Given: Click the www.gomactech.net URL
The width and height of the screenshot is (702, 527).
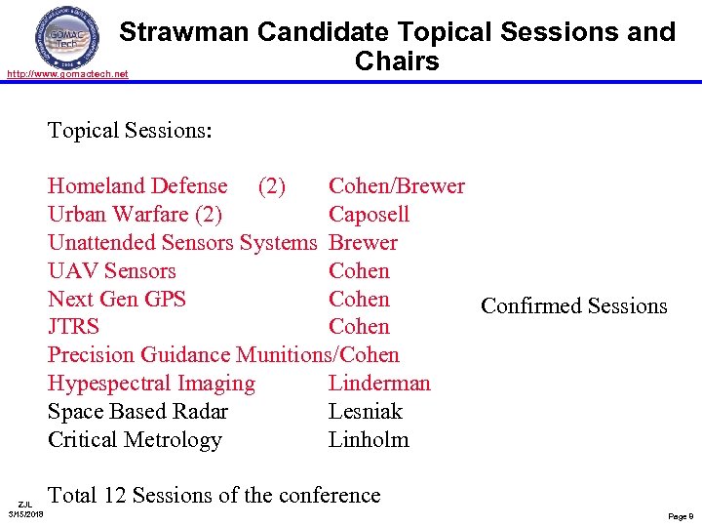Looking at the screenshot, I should point(66,74).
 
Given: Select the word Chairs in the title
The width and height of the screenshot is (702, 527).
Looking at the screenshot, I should point(397,61).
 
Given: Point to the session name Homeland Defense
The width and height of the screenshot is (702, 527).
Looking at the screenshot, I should point(137,186).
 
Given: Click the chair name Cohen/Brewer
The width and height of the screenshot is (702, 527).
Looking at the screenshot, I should point(396,186).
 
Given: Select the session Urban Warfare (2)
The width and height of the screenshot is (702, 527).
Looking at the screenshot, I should point(135,215).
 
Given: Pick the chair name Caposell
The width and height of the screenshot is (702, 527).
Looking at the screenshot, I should point(369,215).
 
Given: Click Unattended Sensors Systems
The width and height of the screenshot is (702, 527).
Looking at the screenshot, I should point(182,243).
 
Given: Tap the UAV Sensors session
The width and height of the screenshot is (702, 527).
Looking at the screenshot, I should point(112,271).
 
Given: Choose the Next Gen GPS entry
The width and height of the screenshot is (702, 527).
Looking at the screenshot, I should point(117,300).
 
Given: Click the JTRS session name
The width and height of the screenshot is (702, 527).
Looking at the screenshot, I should point(73,327).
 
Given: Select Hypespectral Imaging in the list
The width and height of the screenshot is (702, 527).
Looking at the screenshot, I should point(151,384).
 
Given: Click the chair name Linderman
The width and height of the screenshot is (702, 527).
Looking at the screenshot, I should point(379,384).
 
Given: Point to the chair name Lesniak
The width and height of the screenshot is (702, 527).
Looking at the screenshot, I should point(366,412).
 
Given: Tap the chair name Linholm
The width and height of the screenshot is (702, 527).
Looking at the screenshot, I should point(369,440).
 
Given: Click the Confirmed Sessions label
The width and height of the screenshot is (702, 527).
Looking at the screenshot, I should point(573,306).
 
